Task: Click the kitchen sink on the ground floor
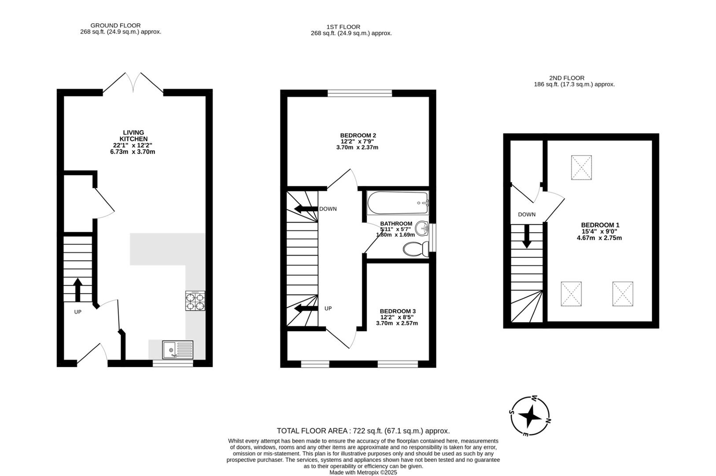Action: pos(177,350)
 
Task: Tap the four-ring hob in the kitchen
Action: pos(195,301)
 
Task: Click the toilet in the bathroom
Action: pos(415,249)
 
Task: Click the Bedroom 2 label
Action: pos(358,135)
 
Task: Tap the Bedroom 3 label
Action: pos(397,311)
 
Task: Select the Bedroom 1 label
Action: pos(600,225)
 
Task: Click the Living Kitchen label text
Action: pos(133,136)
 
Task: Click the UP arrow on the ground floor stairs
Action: pos(78,289)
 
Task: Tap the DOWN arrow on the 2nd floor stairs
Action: pos(527,237)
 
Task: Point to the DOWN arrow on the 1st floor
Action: pos(306,209)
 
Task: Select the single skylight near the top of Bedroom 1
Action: pos(581,167)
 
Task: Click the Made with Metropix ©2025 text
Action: pos(363,472)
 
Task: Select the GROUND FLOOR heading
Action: pos(115,26)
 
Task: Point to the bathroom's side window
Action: pos(432,238)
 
